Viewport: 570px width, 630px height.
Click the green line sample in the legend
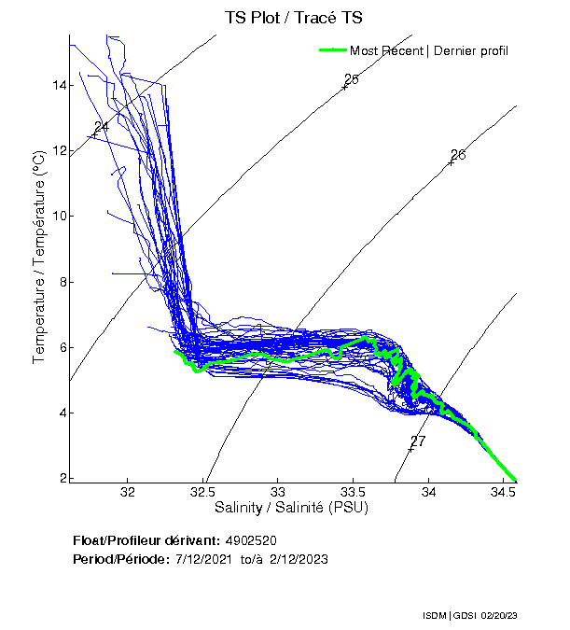click(331, 50)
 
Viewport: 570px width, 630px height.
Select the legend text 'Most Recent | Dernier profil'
click(428, 50)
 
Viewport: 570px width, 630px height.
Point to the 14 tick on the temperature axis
click(59, 85)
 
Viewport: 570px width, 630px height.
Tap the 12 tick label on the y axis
click(59, 150)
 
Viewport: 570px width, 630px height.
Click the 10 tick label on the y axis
click(59, 217)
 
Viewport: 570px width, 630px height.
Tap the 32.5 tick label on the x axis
click(202, 491)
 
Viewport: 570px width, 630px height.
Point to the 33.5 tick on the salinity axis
click(353, 491)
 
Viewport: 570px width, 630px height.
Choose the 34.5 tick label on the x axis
click(504, 491)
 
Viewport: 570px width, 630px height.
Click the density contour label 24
click(102, 127)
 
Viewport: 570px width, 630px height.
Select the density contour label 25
click(352, 79)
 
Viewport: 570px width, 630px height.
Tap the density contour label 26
click(458, 155)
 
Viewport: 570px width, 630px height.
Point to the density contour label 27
click(418, 441)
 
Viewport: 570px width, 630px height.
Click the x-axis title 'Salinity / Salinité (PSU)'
click(292, 508)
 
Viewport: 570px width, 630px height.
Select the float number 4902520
click(251, 540)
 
